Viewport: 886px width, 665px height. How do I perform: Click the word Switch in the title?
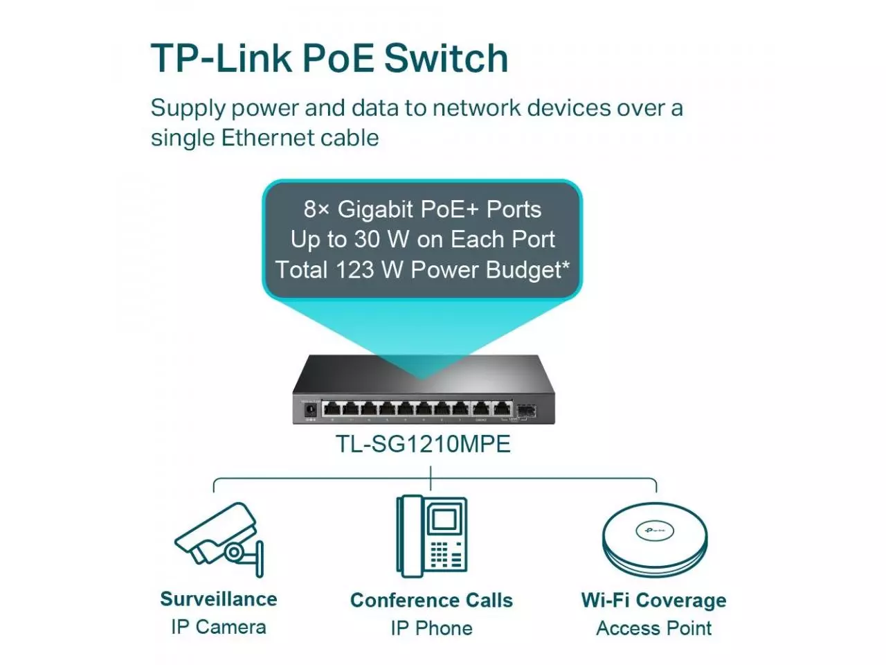pyautogui.click(x=446, y=58)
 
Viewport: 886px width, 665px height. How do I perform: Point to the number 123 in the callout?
pyautogui.click(x=354, y=269)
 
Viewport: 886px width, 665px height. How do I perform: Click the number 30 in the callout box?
pyautogui.click(x=368, y=239)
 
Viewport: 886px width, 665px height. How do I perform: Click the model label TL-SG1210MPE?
pyautogui.click(x=423, y=443)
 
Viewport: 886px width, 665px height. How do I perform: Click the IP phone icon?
pyautogui.click(x=431, y=535)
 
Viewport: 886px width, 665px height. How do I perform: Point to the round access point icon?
pyautogui.click(x=654, y=540)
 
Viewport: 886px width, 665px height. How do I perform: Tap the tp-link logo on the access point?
pyautogui.click(x=654, y=531)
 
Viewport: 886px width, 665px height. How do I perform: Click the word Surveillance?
pyautogui.click(x=219, y=599)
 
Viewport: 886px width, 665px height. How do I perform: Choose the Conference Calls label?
pyautogui.click(x=431, y=600)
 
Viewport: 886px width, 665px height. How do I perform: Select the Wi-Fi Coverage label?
pyautogui.click(x=654, y=600)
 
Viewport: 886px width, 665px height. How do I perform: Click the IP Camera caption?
pyautogui.click(x=219, y=627)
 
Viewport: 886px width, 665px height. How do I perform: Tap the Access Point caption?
pyautogui.click(x=654, y=628)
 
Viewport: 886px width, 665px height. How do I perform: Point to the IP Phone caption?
pyautogui.click(x=431, y=628)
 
